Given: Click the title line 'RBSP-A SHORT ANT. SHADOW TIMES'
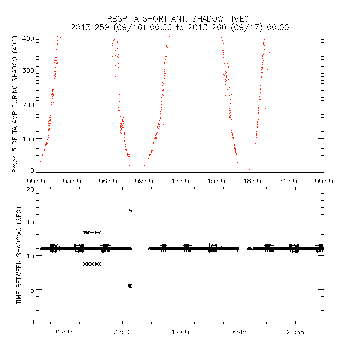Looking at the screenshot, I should coord(180,18).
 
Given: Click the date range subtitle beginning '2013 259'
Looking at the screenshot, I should coord(180,27).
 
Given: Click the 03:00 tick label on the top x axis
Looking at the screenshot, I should coord(72,180).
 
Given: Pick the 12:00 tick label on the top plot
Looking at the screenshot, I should coord(180,180).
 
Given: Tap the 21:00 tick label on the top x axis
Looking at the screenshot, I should coord(288,180).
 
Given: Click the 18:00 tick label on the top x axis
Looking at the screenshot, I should coord(252,180).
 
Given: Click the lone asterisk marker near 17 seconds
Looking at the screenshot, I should coord(130,210).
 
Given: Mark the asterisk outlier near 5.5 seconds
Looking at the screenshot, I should coord(130,286).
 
